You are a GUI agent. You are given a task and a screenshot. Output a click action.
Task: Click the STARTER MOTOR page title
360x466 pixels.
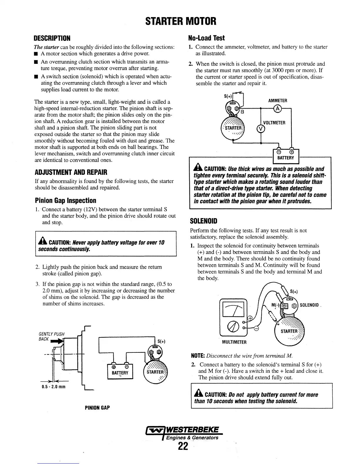(x=181, y=21)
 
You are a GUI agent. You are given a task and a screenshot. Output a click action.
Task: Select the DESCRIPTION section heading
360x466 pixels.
(x=52, y=39)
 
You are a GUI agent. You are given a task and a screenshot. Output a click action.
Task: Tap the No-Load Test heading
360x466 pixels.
(x=206, y=38)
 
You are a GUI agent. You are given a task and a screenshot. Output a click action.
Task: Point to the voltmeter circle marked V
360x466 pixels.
(x=260, y=129)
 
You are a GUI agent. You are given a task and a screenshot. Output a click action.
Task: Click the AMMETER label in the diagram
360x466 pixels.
(x=278, y=101)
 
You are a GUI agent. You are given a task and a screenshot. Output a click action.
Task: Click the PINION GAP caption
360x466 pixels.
(x=97, y=408)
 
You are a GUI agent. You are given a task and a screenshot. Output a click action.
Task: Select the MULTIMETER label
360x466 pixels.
(x=234, y=342)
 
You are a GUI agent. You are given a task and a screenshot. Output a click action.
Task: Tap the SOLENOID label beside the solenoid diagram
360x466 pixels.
(x=309, y=305)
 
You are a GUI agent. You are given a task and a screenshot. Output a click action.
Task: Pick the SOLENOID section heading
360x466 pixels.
(x=204, y=221)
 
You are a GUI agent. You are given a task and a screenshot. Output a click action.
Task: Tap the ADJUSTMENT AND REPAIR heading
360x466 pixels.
(x=71, y=172)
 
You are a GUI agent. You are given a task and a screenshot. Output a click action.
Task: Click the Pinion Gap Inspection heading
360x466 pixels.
(x=65, y=201)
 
